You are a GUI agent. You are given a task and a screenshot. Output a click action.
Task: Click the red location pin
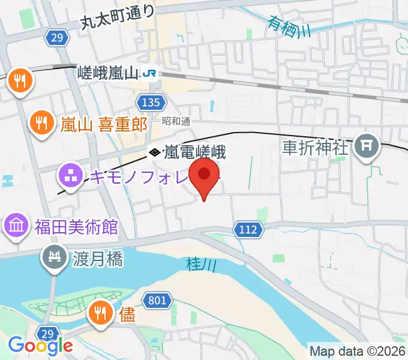click(204, 176)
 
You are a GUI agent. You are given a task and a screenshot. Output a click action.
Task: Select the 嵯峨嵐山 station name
click(109, 74)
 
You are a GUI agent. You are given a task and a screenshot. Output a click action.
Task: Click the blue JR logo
click(149, 74)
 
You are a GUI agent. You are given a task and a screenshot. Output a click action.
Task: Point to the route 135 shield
click(148, 102)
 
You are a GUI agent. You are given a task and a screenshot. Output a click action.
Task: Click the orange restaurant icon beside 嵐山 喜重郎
click(41, 123)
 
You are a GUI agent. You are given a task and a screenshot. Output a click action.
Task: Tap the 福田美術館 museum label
click(76, 227)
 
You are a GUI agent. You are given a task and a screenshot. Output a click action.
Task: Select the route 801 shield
click(157, 300)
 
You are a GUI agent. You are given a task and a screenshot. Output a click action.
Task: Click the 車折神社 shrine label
click(315, 148)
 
